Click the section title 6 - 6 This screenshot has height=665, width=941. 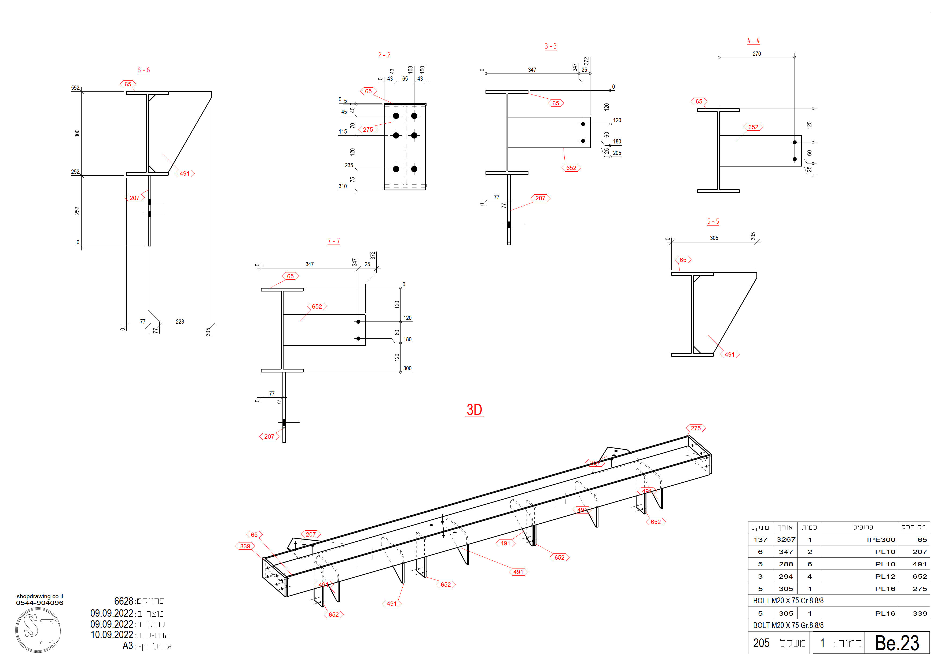tap(144, 70)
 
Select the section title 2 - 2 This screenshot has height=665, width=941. tap(384, 55)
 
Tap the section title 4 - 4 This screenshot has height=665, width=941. tap(753, 40)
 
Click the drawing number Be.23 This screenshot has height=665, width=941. tap(897, 643)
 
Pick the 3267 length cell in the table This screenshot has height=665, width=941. tap(786, 540)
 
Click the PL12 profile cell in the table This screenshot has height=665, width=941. tap(885, 577)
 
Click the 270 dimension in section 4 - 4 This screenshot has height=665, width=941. tap(756, 54)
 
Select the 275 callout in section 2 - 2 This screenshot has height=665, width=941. tap(368, 130)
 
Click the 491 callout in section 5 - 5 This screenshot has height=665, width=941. tap(730, 354)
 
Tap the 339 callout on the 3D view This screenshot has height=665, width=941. tap(245, 546)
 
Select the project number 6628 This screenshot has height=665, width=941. tap(123, 601)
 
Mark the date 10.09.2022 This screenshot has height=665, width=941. tap(112, 635)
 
